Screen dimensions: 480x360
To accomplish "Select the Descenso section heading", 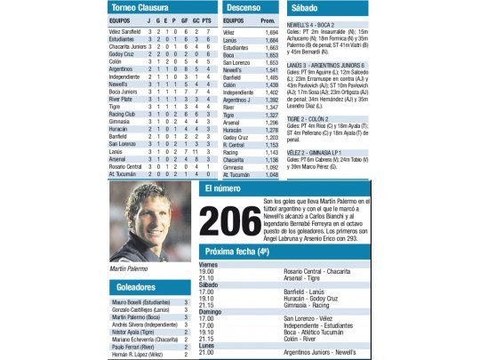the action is [x=241, y=8].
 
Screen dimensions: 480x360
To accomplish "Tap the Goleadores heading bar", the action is [x=135, y=287].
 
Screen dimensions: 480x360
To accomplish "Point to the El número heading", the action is [x=222, y=189].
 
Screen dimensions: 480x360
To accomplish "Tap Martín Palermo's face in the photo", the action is [x=138, y=221].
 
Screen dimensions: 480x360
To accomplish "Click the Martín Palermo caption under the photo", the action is [x=129, y=268].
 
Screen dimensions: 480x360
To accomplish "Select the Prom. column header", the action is [x=270, y=20].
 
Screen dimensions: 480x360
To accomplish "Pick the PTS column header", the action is [x=206, y=20].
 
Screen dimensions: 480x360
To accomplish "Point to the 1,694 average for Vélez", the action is [x=271, y=31].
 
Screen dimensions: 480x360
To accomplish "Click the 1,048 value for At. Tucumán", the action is [x=271, y=174].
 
